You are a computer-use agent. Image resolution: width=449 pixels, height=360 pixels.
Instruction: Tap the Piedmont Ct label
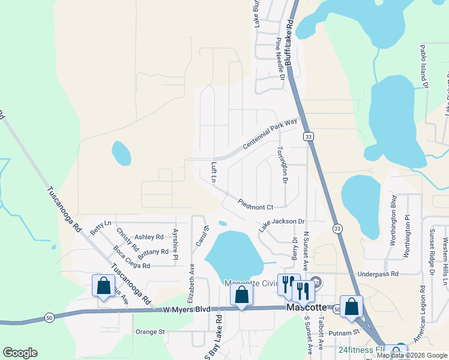255,205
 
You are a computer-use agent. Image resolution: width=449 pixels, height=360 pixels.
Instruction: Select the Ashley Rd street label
149,237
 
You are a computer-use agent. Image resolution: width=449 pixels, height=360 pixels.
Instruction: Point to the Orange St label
149,331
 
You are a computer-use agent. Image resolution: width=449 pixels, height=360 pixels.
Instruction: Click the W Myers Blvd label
187,309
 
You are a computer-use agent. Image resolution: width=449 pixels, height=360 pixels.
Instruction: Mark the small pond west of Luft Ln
121,152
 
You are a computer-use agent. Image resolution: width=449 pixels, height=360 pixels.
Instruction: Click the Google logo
20,353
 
